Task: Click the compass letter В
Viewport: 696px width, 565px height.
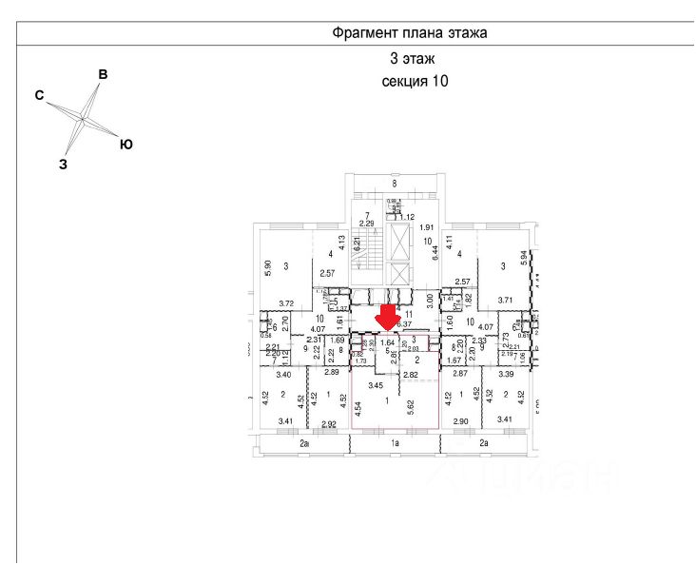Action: coord(104,74)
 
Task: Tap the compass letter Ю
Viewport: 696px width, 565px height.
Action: coord(125,145)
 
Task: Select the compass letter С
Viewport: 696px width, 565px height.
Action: coord(40,95)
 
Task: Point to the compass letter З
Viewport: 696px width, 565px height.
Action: coord(63,164)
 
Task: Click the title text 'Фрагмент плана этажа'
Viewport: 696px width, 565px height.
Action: coord(409,32)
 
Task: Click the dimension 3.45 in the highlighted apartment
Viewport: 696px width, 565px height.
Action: coord(375,385)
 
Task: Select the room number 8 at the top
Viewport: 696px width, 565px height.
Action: coord(394,183)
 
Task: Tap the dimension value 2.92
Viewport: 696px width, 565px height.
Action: coord(330,424)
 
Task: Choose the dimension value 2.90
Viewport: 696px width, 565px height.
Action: coord(461,420)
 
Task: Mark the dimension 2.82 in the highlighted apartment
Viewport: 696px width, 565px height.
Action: coord(411,376)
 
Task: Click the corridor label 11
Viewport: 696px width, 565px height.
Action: coord(410,314)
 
